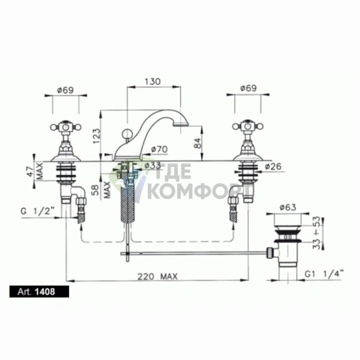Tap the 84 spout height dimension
(x=197, y=142)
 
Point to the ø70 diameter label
(x=160, y=150)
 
